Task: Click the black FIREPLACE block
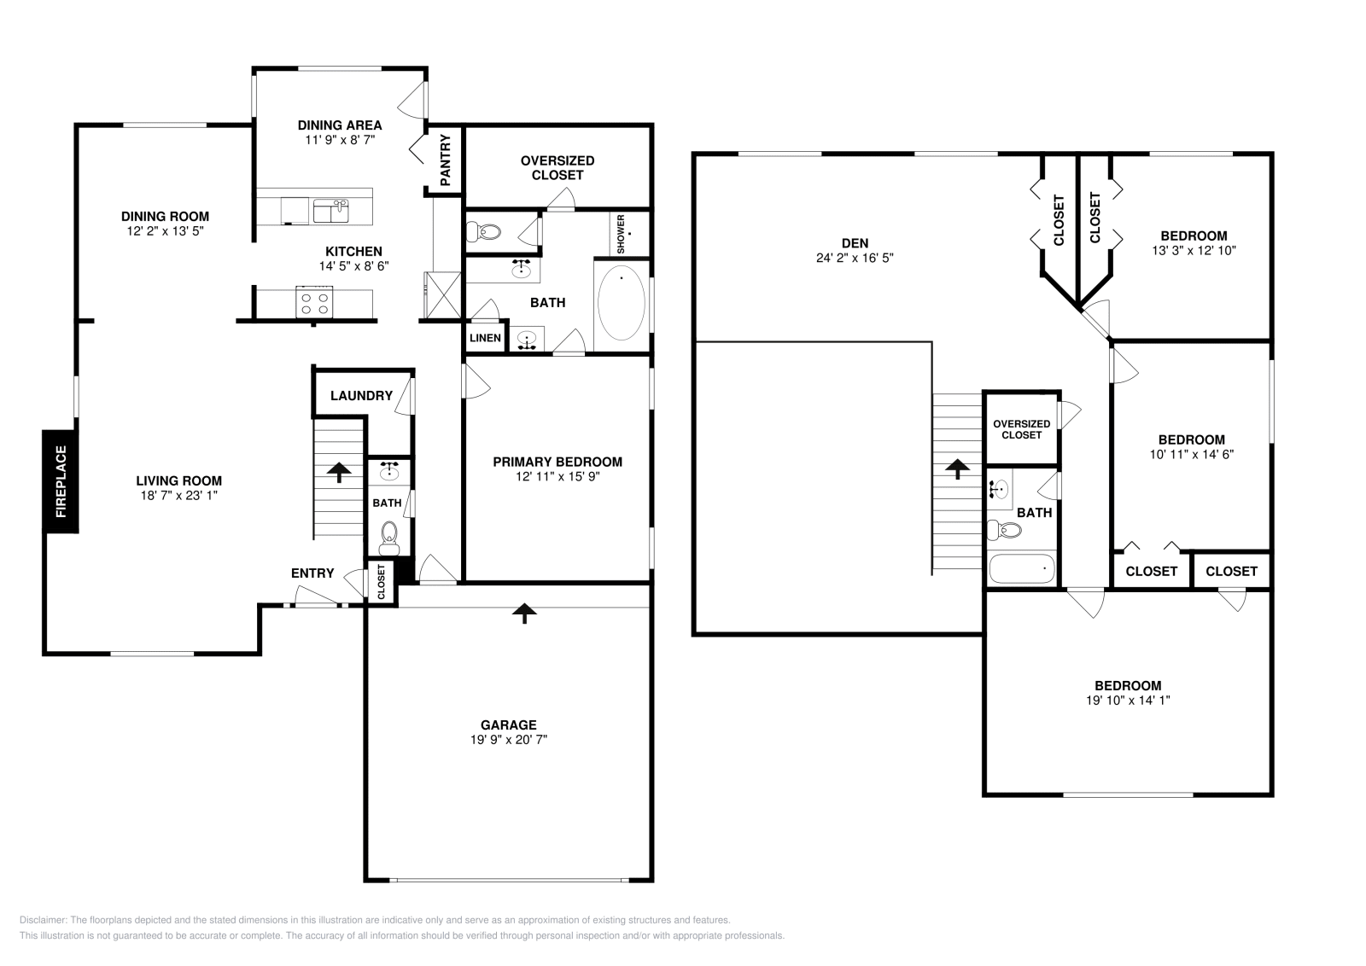pos(61,481)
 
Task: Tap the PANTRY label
pos(445,160)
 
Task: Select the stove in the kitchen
pos(314,303)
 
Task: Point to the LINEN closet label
pos(485,338)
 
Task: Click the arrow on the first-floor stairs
pos(339,472)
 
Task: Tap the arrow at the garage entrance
pos(524,612)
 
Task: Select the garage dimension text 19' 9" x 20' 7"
pos(509,740)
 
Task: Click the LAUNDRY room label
pos(361,395)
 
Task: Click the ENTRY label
pos(312,573)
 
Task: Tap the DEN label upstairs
pos(855,243)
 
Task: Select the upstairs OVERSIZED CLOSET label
pos(1022,429)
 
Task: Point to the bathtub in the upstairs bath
pos(1022,567)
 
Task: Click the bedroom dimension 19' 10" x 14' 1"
pos(1128,700)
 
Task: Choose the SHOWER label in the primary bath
pos(621,234)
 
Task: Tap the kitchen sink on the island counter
pos(331,210)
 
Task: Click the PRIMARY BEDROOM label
pos(557,462)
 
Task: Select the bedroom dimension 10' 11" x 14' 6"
pos(1191,455)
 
